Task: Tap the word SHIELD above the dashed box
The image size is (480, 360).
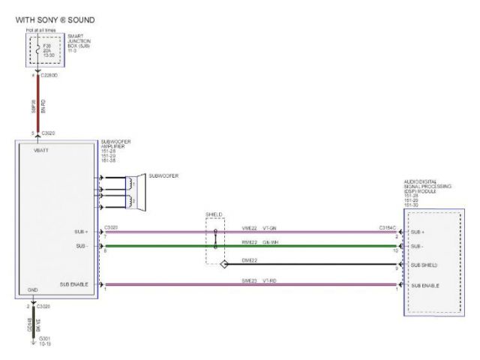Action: (x=214, y=214)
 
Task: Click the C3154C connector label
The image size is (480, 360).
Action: (x=387, y=227)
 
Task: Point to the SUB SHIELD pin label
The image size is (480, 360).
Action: (x=426, y=265)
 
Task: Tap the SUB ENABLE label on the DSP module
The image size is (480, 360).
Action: (x=426, y=286)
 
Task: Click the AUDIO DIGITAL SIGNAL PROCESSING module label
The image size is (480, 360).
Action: (x=428, y=191)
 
